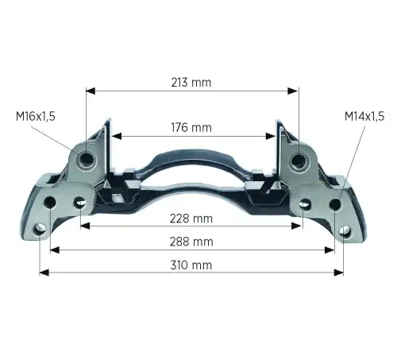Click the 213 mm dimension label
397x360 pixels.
click(x=191, y=83)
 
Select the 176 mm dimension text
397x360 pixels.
click(x=191, y=127)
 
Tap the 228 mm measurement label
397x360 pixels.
click(x=191, y=219)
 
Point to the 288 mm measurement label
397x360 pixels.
click(x=191, y=242)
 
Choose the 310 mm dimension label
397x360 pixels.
click(x=191, y=265)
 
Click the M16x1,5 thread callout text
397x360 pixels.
click(x=36, y=116)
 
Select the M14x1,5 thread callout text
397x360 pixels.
click(x=364, y=116)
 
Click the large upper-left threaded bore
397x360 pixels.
click(x=86, y=159)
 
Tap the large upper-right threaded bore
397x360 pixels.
click(x=299, y=161)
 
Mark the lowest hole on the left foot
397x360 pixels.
click(x=40, y=230)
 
